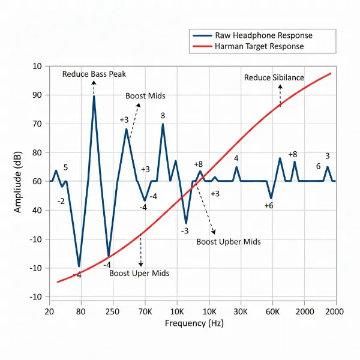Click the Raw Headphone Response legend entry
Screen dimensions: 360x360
point(263,35)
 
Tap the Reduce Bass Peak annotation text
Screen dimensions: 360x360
point(94,74)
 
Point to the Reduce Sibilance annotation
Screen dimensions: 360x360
point(274,77)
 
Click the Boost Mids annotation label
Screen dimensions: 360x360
point(145,96)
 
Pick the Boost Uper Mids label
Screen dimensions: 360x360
point(139,273)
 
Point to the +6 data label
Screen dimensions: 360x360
point(269,205)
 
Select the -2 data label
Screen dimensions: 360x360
point(61,201)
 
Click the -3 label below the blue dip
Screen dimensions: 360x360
point(185,231)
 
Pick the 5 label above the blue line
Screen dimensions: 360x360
point(65,167)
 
